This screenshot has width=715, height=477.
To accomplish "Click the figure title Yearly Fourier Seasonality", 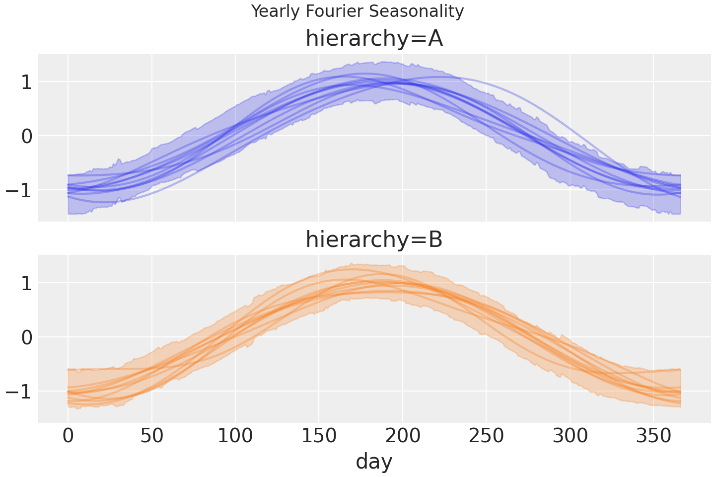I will (357, 11).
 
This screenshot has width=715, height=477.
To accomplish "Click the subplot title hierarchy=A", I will (374, 39).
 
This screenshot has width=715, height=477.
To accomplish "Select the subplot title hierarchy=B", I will (374, 240).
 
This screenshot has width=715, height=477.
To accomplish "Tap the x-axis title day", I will (374, 461).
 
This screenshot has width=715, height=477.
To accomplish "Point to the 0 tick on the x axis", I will (68, 437).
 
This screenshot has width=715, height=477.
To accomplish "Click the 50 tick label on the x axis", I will (152, 437).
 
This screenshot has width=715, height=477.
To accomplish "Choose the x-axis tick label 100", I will (235, 437).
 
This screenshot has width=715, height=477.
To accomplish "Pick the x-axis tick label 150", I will (319, 437).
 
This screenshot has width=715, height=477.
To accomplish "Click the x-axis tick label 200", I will (403, 437).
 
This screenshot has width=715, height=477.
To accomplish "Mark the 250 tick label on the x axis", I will (486, 437).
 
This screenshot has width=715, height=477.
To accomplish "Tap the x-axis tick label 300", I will (570, 437).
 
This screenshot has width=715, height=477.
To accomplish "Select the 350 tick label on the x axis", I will (653, 437).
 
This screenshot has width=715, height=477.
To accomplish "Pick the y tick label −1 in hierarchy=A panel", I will (19, 190).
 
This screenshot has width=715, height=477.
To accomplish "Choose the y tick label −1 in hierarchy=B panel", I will (19, 392).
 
